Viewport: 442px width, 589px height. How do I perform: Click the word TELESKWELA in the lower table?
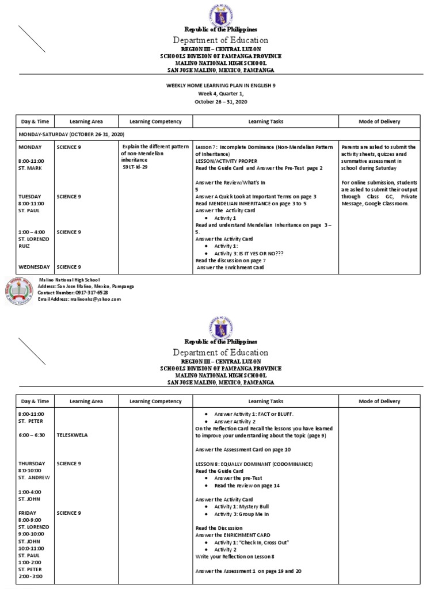coord(72,435)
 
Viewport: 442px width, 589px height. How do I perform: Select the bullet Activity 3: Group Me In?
coord(241,513)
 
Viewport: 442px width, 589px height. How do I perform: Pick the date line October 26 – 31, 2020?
coord(220,101)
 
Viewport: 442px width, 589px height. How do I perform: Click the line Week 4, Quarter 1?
coord(220,94)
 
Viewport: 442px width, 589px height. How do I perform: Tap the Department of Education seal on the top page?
coord(220,13)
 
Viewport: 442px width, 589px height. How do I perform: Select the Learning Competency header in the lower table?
coord(155,401)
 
